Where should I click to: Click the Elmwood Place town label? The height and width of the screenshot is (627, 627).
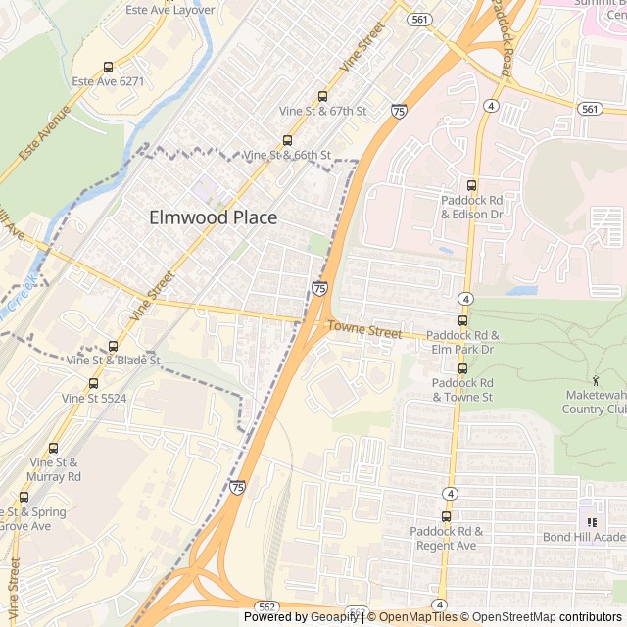(x=213, y=217)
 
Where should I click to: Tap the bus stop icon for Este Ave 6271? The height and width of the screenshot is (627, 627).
(x=108, y=67)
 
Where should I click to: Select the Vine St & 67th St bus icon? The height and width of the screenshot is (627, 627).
(x=322, y=96)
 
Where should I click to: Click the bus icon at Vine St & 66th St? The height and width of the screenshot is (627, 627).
(x=287, y=140)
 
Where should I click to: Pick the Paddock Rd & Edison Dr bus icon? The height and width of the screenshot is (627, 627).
(x=471, y=185)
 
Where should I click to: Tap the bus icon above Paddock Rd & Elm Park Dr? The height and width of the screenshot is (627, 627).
(x=462, y=320)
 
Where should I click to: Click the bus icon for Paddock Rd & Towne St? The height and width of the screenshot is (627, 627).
(x=462, y=368)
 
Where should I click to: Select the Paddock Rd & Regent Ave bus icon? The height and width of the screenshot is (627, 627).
(x=446, y=516)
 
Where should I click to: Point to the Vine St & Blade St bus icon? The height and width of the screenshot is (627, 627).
(x=113, y=346)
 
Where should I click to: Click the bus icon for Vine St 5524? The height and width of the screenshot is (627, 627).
(x=93, y=383)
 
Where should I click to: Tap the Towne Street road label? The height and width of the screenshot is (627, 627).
(x=364, y=331)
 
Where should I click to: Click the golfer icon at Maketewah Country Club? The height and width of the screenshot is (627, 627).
(x=596, y=379)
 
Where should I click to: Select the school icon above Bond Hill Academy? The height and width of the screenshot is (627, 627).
(x=592, y=522)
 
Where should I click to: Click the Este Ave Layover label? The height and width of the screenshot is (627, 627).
(x=169, y=10)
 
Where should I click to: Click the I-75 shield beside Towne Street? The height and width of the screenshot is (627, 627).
(x=320, y=288)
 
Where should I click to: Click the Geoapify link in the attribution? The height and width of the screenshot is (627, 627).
(x=336, y=617)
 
